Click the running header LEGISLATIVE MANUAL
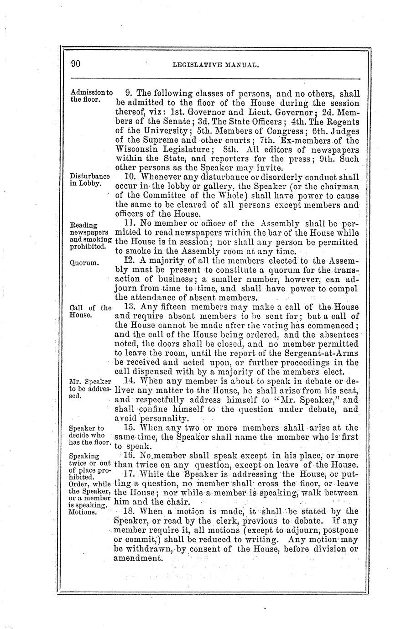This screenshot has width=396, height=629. tap(216, 65)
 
